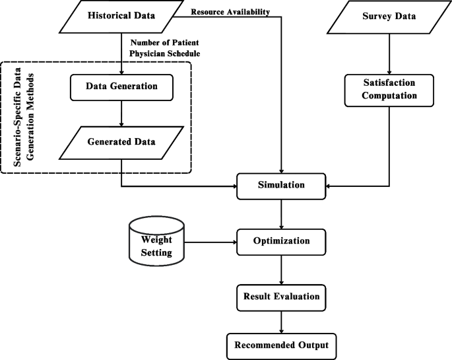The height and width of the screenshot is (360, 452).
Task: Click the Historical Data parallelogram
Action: [122, 17]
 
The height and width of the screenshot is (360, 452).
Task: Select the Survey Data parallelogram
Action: [389, 17]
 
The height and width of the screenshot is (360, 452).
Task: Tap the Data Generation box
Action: [121, 86]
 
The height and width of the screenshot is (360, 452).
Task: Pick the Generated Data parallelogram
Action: [121, 141]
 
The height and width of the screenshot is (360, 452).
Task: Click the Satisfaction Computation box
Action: [389, 90]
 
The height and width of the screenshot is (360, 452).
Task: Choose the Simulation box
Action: [282, 185]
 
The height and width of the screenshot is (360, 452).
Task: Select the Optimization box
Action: [282, 241]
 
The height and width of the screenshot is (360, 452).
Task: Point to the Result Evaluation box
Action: [282, 297]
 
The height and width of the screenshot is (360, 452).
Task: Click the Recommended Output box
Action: [282, 344]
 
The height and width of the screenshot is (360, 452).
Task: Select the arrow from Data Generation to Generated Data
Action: [121, 112]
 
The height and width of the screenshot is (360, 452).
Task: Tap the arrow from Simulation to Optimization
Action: [282, 213]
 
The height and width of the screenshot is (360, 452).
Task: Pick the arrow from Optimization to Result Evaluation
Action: [282, 269]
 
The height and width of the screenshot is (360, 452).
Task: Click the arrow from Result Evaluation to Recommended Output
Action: [282, 322]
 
